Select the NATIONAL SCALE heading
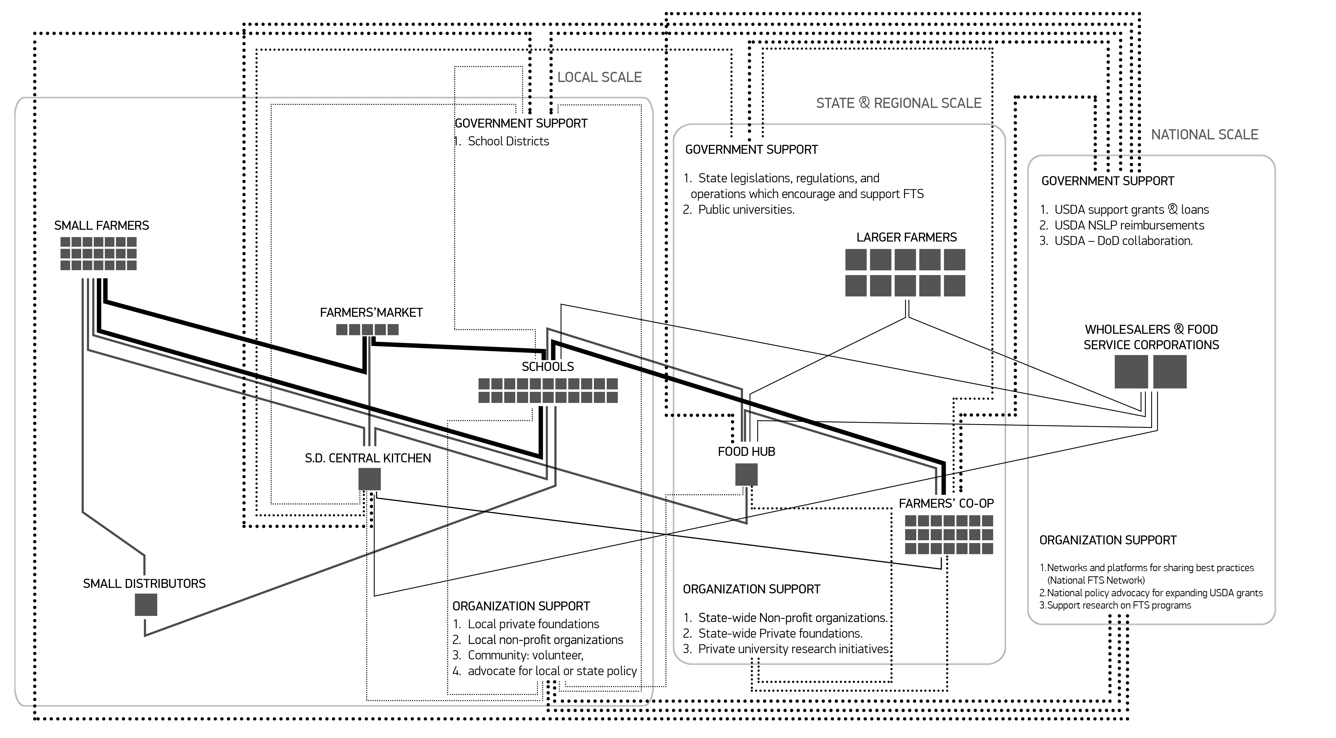(x=1204, y=135)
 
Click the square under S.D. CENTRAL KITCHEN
(x=369, y=479)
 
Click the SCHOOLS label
(x=548, y=367)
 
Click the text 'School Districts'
(x=508, y=141)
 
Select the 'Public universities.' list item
(x=746, y=210)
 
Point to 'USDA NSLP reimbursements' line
(x=1129, y=225)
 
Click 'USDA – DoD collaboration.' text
(x=1123, y=241)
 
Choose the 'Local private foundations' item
(x=533, y=624)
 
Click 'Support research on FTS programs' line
(x=1119, y=605)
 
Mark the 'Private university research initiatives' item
(x=793, y=649)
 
